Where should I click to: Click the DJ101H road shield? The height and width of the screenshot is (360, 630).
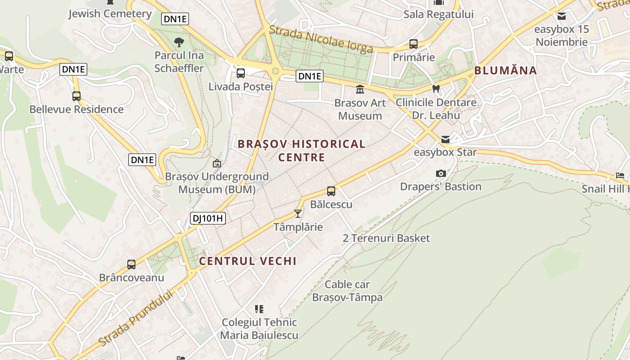[207, 219]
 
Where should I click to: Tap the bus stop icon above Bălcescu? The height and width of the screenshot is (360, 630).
[331, 191]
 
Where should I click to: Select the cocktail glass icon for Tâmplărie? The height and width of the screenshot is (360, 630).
[297, 213]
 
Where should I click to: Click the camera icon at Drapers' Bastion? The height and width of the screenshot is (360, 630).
[441, 174]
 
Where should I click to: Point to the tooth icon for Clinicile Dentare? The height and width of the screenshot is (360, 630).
[436, 89]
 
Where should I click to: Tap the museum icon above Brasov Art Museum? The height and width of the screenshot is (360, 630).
[360, 90]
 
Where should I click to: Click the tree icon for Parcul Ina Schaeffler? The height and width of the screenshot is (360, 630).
[179, 42]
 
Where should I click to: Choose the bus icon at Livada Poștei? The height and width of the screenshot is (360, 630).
[241, 73]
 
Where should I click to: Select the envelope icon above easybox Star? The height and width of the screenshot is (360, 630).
[445, 139]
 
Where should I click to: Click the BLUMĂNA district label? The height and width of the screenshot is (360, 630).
[505, 71]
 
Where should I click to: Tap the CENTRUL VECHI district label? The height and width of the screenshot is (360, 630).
[247, 261]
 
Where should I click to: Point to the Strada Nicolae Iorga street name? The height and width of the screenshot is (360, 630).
[321, 39]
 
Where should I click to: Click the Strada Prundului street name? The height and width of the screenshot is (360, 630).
[135, 318]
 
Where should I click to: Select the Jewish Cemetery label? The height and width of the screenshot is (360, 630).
[110, 14]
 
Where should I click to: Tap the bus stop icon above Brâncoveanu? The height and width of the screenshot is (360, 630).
[131, 265]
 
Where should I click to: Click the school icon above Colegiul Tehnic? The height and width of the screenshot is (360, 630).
[259, 309]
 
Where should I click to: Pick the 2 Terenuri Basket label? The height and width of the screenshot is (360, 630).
[386, 238]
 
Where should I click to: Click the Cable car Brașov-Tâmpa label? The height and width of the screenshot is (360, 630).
[347, 291]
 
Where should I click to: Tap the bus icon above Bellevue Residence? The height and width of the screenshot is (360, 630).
[76, 96]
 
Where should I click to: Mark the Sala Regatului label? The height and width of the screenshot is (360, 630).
[438, 14]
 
